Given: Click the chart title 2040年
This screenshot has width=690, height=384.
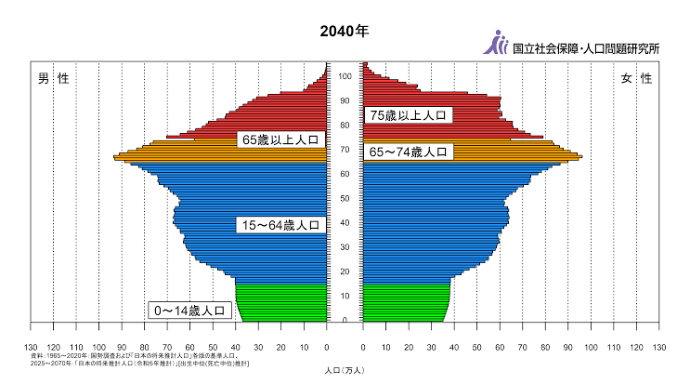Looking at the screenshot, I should tap(344, 31).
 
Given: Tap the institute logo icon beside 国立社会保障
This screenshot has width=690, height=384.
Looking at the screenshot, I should tap(498, 43).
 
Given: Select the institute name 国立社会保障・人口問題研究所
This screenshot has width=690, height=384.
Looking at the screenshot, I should tap(586, 46).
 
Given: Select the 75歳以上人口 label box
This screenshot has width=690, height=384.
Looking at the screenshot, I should tap(409, 115).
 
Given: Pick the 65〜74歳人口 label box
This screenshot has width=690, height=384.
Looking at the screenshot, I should tap(409, 152).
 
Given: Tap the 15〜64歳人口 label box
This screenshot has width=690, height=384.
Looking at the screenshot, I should tap(280, 225).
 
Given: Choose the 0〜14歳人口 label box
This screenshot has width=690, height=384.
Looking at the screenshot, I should tap(189, 311).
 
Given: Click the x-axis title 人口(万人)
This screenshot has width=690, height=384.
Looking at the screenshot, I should tap(345, 370).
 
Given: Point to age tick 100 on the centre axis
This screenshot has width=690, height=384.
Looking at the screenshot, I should tap(345, 76).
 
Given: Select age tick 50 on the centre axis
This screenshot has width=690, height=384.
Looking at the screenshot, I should tap(345, 199).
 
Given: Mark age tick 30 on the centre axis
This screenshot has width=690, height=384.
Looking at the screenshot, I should tap(345, 247).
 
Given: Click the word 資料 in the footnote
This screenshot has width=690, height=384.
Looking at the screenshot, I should tap(37, 355).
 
